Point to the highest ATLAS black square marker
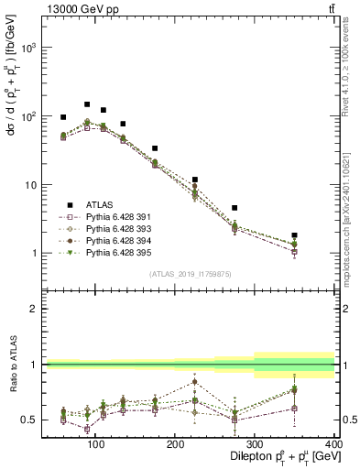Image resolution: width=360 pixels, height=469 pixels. coord(87,104)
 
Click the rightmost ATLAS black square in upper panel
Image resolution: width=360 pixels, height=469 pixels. coord(320,235)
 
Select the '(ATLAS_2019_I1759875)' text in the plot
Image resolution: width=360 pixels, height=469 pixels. coord(191,274)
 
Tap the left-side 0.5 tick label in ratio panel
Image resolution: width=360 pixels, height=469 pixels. coord(29,420)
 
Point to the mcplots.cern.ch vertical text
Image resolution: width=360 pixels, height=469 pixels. coord(349,211)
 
